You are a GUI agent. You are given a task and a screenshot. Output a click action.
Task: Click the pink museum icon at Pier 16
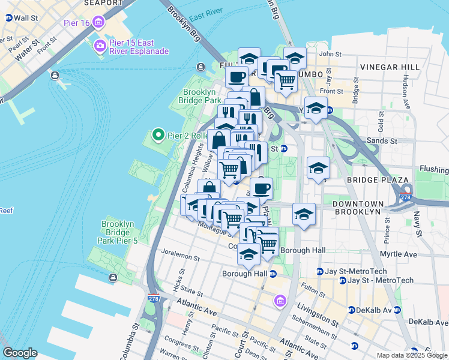tap(98, 23)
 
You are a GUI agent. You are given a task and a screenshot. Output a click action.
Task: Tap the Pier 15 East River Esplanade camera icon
tap(100, 45)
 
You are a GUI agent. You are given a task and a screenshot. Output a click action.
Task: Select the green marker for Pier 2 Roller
tap(158, 135)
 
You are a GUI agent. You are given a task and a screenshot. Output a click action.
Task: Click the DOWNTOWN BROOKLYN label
tap(357, 208)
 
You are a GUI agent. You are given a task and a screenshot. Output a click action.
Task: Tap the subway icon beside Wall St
tap(8, 18)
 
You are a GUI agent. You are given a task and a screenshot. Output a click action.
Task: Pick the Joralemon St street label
tap(179, 256)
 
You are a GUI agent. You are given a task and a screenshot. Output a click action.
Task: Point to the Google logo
tap(20, 353)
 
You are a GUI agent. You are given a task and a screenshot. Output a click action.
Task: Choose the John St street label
tap(330, 54)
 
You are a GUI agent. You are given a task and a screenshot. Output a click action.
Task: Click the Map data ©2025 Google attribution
tap(412, 355)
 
